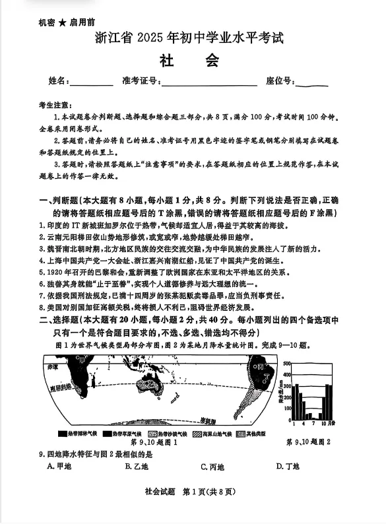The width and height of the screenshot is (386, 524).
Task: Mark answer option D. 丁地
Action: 288,467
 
